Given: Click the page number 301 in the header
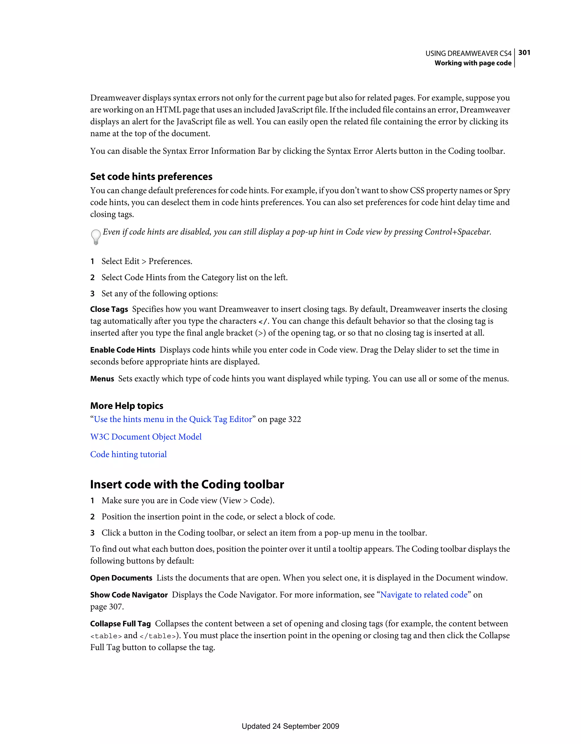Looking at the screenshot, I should pos(524,53).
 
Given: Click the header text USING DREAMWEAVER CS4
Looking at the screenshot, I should pos(468,53).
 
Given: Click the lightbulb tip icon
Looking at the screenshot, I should pos(96,237).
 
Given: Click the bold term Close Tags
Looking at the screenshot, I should pos(109,309).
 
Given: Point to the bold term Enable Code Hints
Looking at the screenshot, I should pos(123,350).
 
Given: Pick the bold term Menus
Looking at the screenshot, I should pos(102,379).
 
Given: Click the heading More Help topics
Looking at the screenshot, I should pos(127,406).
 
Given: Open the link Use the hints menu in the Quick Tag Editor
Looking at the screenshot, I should pos(173,419).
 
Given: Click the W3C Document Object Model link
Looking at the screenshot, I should pos(146,437).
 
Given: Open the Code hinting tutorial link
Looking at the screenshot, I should pos(128,454).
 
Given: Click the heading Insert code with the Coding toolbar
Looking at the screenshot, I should pos(187,484).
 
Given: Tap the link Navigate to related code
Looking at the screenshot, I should pos(424,595).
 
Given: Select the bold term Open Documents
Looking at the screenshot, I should pos(121,578).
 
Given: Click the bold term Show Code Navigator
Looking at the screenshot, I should pos(129,595).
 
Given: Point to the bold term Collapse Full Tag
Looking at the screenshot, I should pos(120,624).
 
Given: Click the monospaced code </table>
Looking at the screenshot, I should pos(158,636).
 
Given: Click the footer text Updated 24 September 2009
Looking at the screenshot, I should pos(290,726).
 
